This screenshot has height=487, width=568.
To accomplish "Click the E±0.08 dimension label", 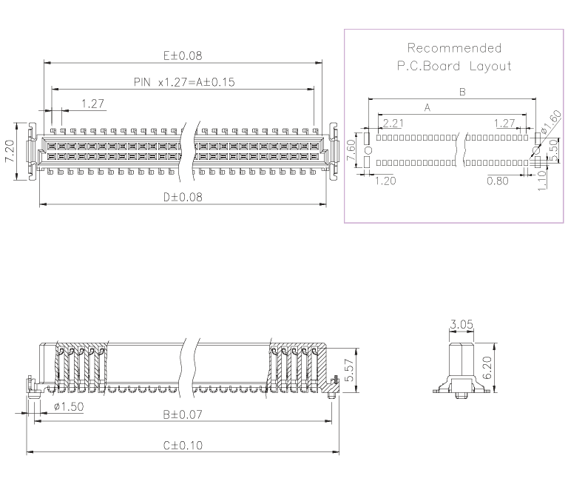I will (x=183, y=56).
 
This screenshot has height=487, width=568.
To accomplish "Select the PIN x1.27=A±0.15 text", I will (x=184, y=82).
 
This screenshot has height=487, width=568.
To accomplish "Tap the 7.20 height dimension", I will (x=10, y=152).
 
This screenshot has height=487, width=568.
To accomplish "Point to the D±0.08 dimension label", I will (x=183, y=197).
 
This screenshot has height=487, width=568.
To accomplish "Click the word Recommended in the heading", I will (x=454, y=48).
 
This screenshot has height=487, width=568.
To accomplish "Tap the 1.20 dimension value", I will (x=385, y=180).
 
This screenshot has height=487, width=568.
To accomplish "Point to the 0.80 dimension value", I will (x=497, y=180).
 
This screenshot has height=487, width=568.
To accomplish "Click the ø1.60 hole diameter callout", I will (x=550, y=122).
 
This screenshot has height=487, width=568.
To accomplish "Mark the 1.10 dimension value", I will (x=542, y=180).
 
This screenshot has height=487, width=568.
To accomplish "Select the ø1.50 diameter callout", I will (x=68, y=407).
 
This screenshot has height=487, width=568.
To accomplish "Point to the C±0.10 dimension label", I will (x=183, y=446).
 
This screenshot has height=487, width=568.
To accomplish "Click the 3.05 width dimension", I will (x=460, y=323).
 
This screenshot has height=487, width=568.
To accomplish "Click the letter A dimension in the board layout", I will (x=427, y=108).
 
